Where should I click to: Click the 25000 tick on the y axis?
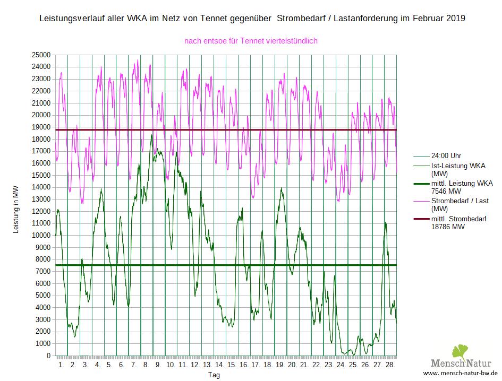pyautogui.click(x=41, y=55)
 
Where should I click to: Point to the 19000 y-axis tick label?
pyautogui.click(x=41, y=127)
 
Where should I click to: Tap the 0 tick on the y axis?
pyautogui.click(x=48, y=356)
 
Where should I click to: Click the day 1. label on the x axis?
pyautogui.click(x=61, y=365)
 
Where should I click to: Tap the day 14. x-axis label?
pyautogui.click(x=219, y=365)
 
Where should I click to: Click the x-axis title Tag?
pyautogui.click(x=214, y=375)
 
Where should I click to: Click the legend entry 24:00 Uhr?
pyautogui.click(x=446, y=156)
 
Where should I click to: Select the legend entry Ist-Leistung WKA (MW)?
pyautogui.click(x=458, y=170)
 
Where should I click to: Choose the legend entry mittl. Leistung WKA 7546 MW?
pyautogui.click(x=462, y=187)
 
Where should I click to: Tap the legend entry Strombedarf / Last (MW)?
pyautogui.click(x=460, y=205)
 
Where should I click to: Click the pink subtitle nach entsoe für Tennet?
pyautogui.click(x=251, y=40)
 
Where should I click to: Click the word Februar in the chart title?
pyautogui.click(x=425, y=18)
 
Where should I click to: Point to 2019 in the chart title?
pyautogui.click(x=455, y=18)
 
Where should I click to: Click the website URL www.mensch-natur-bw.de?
pyautogui.click(x=460, y=374)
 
